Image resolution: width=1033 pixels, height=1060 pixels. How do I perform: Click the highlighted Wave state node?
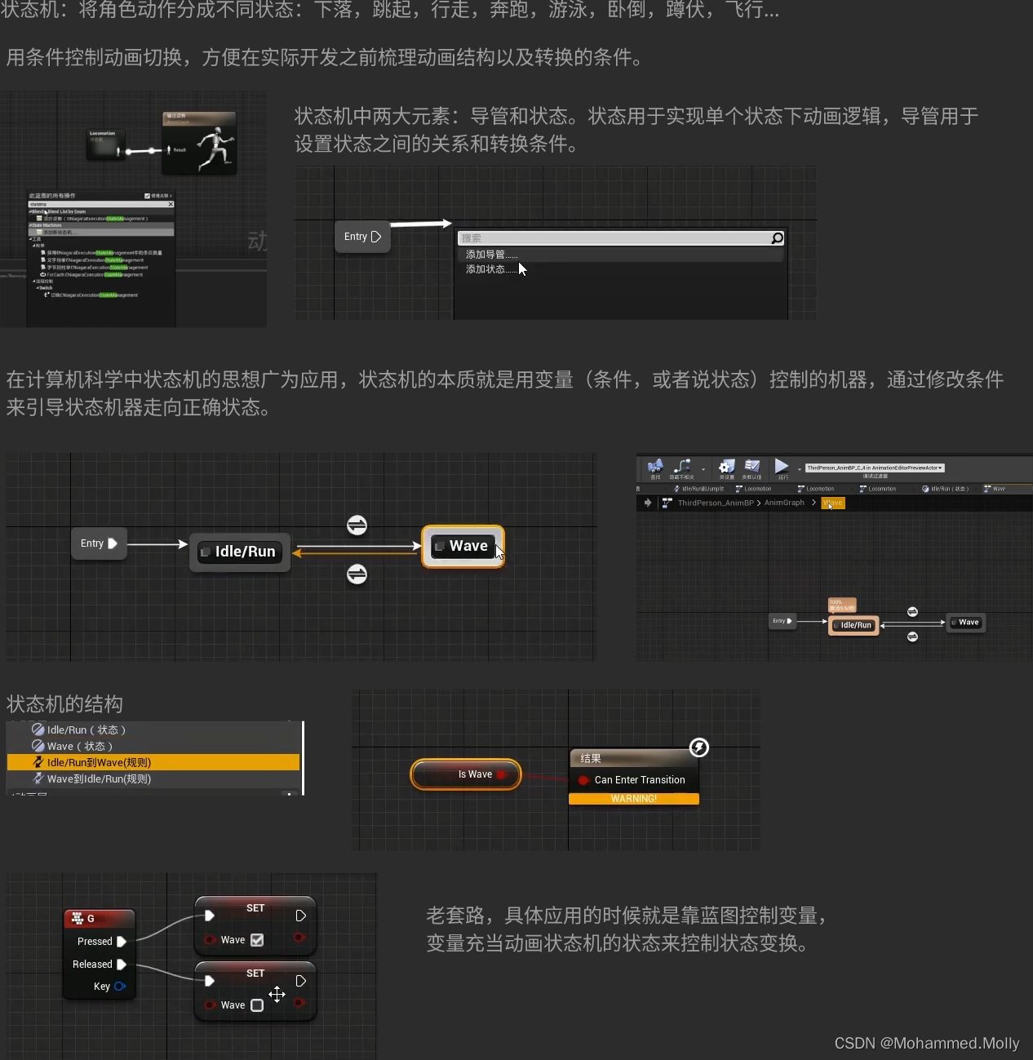(463, 546)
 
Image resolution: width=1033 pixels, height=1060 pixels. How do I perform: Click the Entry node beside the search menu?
(362, 237)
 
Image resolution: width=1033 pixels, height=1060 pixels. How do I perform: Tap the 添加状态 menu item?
(485, 269)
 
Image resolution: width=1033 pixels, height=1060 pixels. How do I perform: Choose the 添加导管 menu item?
(486, 255)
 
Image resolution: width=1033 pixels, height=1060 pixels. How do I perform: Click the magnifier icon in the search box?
(777, 238)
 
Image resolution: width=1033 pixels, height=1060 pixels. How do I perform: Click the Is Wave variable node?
(466, 774)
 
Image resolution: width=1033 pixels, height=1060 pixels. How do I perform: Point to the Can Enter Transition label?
(640, 780)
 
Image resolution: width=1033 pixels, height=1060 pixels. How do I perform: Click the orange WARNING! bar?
(633, 799)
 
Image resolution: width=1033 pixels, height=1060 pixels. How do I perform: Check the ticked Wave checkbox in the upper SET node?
(257, 940)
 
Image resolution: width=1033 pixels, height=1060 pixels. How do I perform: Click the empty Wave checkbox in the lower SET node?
(257, 1005)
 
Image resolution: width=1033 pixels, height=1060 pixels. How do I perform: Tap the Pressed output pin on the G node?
(122, 942)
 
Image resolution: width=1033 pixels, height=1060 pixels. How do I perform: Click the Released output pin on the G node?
(122, 965)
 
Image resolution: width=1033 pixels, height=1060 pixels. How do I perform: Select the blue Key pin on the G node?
(120, 987)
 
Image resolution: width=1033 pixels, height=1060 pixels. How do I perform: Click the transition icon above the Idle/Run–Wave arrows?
(357, 526)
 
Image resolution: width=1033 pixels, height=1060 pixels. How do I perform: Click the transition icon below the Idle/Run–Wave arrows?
(357, 574)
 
